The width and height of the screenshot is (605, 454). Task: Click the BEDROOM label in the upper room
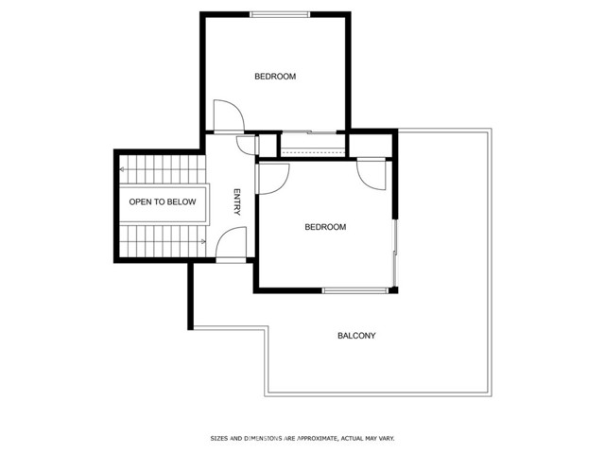pos(275,77)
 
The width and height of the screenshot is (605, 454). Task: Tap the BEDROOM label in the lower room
pos(325,227)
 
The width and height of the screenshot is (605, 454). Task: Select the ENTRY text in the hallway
pos(237,201)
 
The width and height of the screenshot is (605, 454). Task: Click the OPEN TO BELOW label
pos(163,201)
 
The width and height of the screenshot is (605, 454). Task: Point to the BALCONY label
pos(356,336)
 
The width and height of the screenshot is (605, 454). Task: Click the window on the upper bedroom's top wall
pos(280,14)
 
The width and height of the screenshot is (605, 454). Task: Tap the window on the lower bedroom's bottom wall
pos(355,288)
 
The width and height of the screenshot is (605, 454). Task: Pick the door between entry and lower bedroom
pos(272,178)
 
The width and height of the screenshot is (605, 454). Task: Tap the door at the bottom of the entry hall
pos(232,246)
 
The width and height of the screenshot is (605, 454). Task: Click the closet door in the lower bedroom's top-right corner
pos(374,173)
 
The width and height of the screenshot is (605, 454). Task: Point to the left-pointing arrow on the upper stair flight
pos(122,170)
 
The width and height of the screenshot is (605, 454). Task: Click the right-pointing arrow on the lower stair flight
pos(202,241)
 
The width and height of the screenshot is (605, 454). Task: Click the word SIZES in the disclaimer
pos(218,438)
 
